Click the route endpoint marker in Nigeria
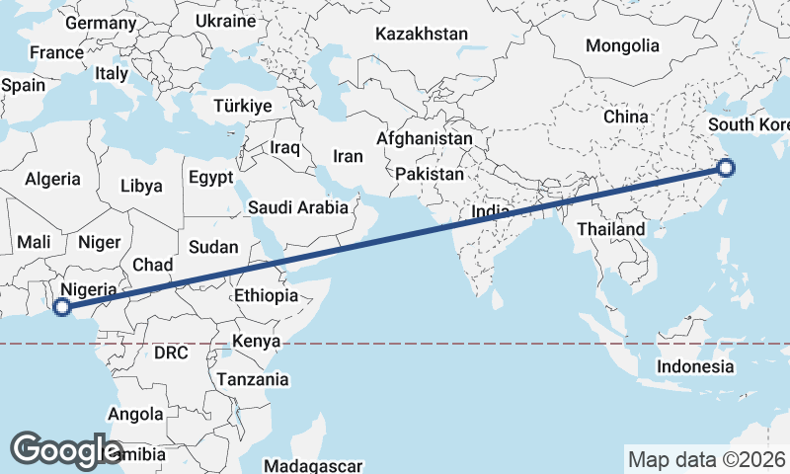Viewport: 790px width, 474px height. coord(62,307)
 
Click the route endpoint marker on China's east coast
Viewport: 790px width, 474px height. coord(727,167)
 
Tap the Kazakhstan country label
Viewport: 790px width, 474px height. coord(421,34)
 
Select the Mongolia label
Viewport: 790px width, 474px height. coord(622,45)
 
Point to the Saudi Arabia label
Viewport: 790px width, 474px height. coord(297,207)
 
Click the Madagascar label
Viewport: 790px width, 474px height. coord(314,465)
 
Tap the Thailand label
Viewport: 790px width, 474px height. coord(611,229)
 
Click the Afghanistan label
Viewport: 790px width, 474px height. coord(425,139)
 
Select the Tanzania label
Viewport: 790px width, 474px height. coord(253,379)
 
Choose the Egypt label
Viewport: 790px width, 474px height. coord(210,179)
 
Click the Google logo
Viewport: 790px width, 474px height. coord(66,449)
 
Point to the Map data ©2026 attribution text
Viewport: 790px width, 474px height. coord(706,459)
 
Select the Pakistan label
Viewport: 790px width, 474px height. coord(430,174)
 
